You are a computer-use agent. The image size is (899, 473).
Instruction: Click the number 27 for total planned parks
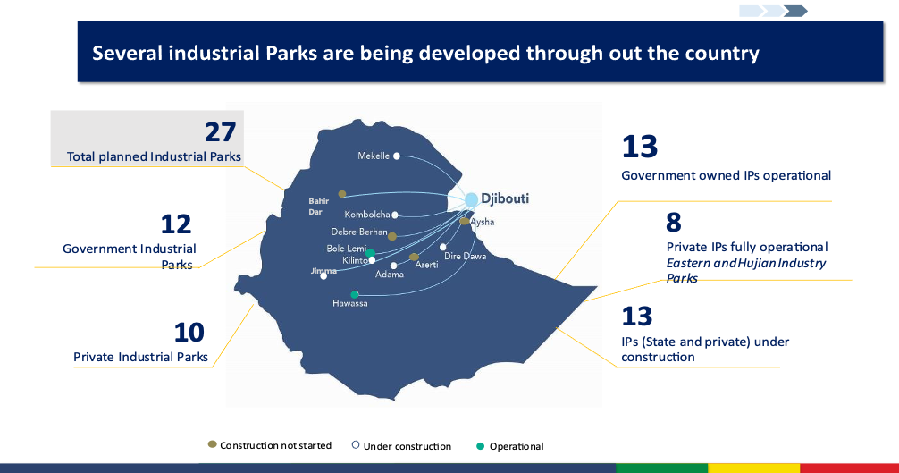(x=220, y=131)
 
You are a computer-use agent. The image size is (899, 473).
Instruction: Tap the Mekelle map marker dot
(x=397, y=156)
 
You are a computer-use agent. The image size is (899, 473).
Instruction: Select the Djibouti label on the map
(x=505, y=199)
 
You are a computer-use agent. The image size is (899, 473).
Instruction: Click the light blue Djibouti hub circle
(x=471, y=199)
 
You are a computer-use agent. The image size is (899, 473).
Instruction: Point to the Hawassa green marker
(x=355, y=295)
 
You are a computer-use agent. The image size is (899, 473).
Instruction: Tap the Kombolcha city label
(x=367, y=215)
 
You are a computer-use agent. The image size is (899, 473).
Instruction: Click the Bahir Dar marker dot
(x=342, y=194)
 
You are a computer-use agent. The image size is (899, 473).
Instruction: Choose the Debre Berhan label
(x=359, y=232)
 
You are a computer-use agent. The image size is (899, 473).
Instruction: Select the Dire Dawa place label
(x=465, y=257)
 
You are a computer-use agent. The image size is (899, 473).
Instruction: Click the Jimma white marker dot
(x=323, y=276)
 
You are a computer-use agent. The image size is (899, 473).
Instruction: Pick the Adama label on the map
(x=390, y=275)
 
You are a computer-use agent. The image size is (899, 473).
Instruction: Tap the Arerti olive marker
(x=414, y=257)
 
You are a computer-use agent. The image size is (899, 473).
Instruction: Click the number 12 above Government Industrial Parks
(x=175, y=224)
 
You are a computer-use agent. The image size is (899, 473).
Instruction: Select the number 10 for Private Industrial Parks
(x=189, y=333)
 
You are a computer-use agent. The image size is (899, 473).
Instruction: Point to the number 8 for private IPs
(x=674, y=223)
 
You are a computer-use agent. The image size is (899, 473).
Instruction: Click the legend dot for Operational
(x=481, y=446)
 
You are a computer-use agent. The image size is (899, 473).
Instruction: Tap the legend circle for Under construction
(x=356, y=445)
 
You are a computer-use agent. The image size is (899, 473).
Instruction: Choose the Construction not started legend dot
(x=212, y=444)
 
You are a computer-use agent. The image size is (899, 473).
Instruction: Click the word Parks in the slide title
(x=290, y=53)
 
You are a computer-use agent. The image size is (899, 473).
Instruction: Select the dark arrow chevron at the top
(x=795, y=11)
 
